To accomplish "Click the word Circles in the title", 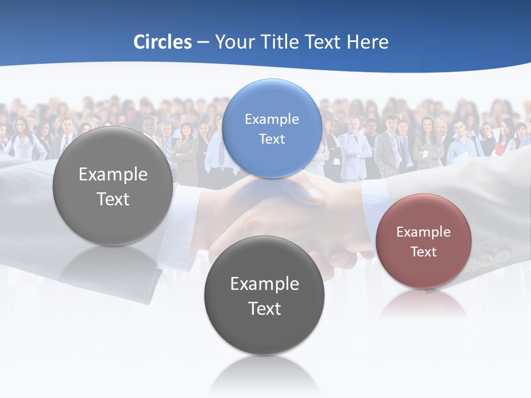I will coord(162,42).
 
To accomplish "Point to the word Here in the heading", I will coord(368,42).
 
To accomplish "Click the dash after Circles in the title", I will coord(203,43).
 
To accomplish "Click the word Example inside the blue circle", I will coord(272,119).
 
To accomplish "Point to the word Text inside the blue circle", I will coord(272,139).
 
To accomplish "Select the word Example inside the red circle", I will coord(423,232).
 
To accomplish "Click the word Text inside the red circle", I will coord(423,252).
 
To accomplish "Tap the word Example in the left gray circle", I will coord(113,175).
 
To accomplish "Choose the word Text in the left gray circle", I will coord(113,199).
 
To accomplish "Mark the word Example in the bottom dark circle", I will coord(264,284).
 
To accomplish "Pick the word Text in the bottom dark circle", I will coord(264,308).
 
